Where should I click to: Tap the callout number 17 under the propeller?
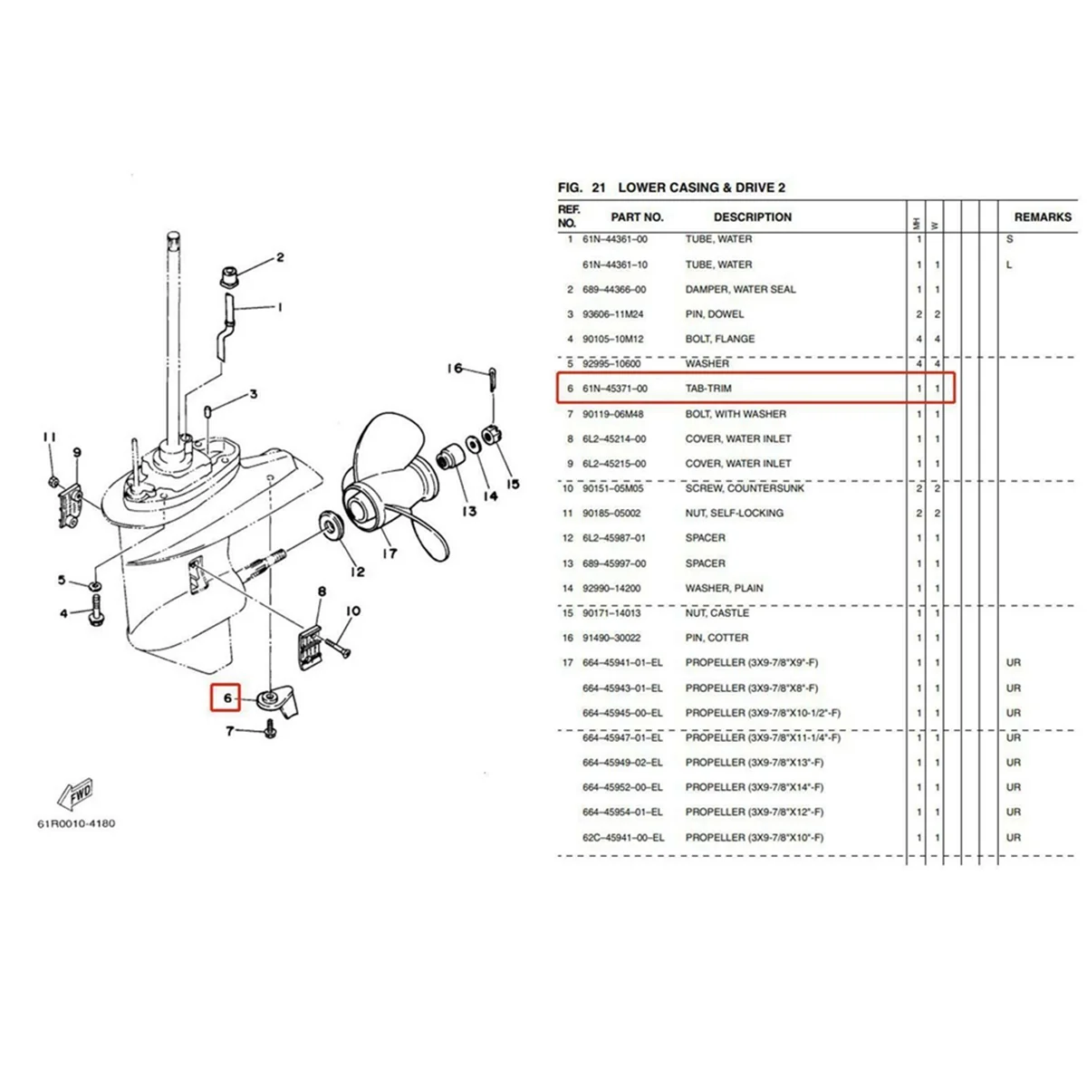389,553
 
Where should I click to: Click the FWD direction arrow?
76,794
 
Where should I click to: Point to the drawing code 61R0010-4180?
76,824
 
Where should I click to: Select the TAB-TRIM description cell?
708,389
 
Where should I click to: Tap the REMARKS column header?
1042,217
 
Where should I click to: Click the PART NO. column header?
637,217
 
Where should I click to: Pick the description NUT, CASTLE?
717,613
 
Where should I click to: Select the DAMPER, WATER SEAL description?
740,290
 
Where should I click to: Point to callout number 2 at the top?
280,258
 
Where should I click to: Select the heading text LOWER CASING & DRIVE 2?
701,188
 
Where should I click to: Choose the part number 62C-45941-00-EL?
622,838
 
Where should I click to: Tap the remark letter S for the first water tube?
1009,240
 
